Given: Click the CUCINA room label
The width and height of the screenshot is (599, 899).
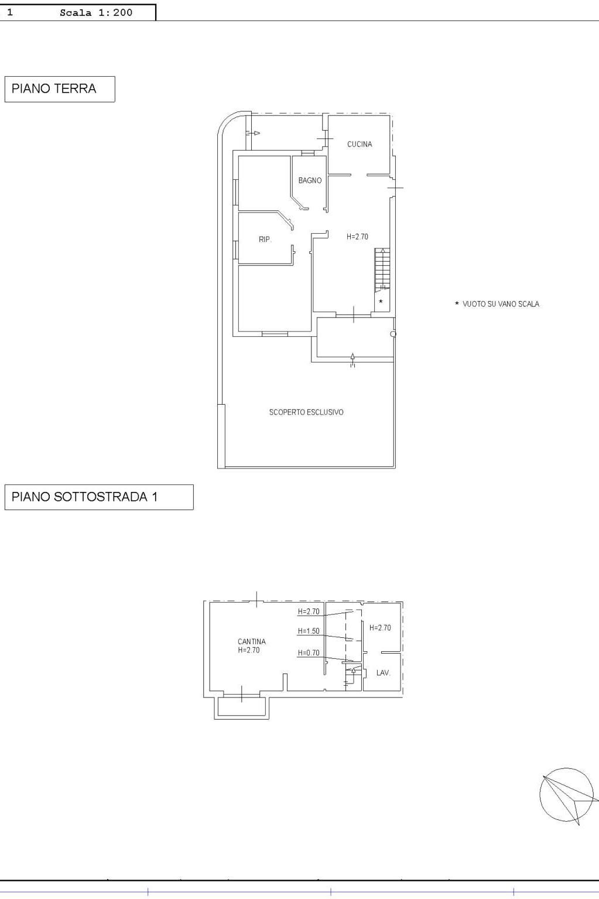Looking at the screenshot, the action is pos(360,144).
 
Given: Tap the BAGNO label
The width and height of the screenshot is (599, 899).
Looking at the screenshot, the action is pos(310,180).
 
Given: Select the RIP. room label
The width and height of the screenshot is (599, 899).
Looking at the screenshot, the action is pos(265,240).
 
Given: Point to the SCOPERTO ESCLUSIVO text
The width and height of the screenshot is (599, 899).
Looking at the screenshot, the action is pos(306,412).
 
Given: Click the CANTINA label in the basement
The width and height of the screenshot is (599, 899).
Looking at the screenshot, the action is pos(252,642).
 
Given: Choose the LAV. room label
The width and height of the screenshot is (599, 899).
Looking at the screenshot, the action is pos(383,673).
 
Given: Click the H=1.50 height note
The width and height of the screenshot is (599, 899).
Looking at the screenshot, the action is pos(309,631).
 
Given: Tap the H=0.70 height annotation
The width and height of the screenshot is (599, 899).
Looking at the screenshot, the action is pos(309,653).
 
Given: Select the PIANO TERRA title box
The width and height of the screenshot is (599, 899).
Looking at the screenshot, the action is pos(60,88).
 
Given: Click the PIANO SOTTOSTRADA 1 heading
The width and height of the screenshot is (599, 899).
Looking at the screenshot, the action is pos(84,497).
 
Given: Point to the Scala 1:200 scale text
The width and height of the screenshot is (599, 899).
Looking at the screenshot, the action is pos(96,12).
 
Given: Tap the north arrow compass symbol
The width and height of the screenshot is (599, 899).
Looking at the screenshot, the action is pos(566,795).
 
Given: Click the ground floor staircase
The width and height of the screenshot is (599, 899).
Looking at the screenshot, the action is pos(382,270).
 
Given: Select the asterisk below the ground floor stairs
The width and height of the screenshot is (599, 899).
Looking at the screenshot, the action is pos(381,301).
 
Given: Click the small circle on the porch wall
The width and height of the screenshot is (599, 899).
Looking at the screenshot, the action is pos(393,334).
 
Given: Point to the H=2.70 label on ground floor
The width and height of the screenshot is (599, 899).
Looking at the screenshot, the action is pos(357,237).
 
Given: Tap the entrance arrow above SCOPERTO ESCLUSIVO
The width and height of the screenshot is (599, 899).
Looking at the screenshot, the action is pos(352,360).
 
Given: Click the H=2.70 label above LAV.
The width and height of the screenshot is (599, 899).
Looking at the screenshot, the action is pos(380,628).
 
